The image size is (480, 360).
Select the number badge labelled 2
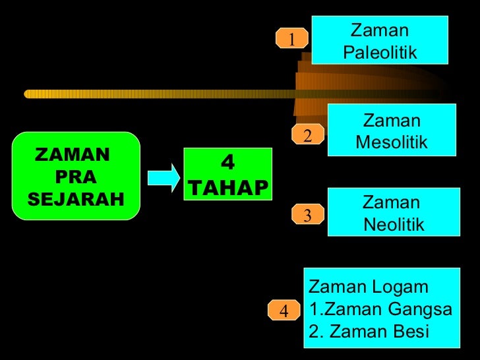point(307,135)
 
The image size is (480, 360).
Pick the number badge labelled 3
point(307,215)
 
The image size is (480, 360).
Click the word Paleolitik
point(380,52)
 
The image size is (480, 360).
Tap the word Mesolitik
point(392,142)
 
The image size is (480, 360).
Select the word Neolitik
point(394,225)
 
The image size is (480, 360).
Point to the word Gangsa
point(420,309)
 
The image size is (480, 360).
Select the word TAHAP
point(229,189)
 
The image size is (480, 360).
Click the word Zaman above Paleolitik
point(379,30)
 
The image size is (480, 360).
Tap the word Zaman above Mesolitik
point(392,121)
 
